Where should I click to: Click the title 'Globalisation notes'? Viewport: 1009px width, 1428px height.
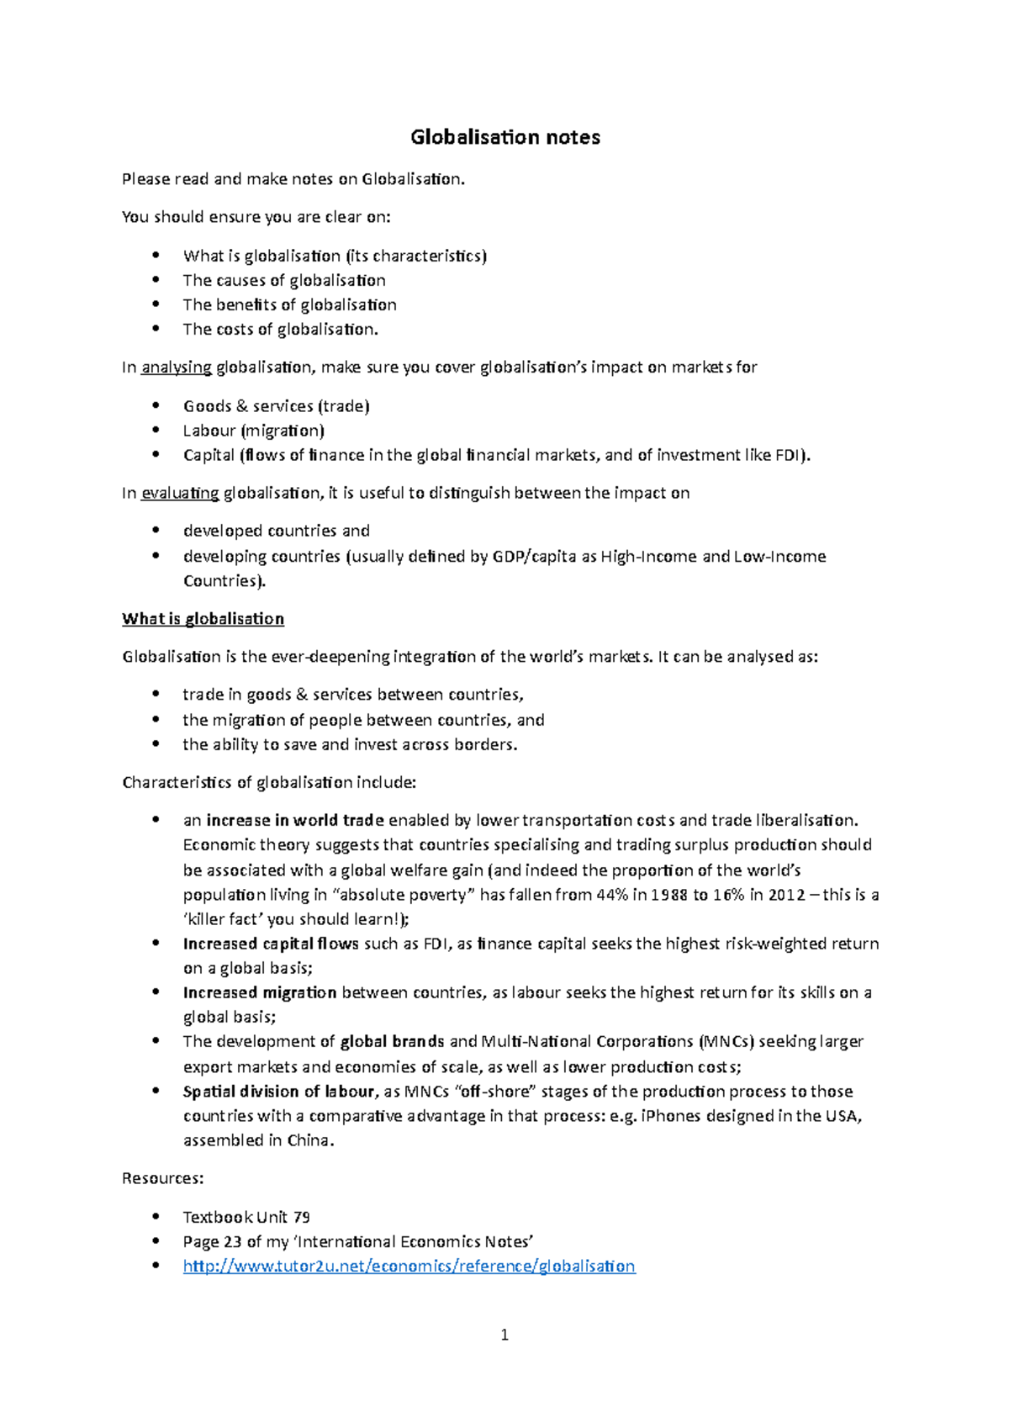tap(504, 137)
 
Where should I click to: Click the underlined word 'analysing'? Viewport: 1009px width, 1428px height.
tap(177, 368)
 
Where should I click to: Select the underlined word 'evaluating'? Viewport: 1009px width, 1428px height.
tap(180, 494)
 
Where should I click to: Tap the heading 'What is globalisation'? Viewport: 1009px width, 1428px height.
tap(203, 619)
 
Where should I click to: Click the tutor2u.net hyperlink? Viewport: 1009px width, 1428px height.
tap(409, 1267)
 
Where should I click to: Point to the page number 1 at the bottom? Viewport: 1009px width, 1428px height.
tap(504, 1335)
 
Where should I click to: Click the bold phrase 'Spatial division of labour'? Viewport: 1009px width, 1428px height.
tap(278, 1092)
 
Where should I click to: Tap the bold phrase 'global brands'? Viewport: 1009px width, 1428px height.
tap(392, 1042)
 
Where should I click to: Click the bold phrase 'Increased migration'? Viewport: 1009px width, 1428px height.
tap(260, 993)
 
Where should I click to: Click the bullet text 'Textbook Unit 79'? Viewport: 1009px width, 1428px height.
tap(246, 1218)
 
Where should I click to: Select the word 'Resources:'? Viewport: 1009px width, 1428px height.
tap(162, 1179)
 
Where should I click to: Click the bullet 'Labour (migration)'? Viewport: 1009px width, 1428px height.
tap(253, 431)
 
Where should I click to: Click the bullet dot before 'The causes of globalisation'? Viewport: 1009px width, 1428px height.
tap(156, 280)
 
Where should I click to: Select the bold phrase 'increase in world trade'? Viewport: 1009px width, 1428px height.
tap(295, 821)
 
